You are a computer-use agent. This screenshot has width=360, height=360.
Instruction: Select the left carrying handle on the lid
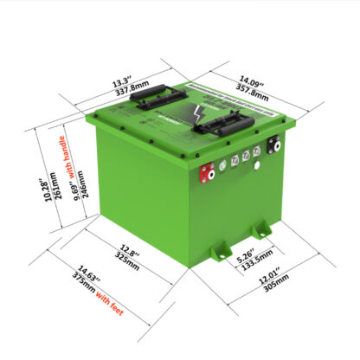coord(156,98)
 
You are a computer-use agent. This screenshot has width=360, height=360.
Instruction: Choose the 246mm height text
coord(87,189)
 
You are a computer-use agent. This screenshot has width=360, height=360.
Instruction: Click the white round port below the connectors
coord(257,170)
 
